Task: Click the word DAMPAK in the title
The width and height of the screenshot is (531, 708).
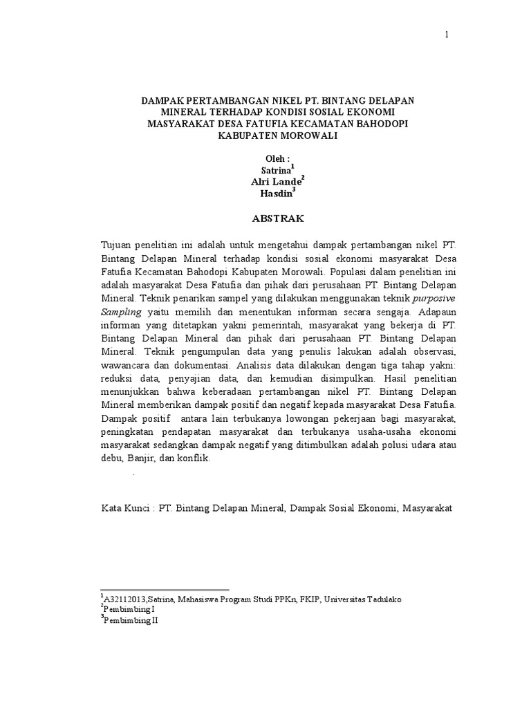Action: coord(164,100)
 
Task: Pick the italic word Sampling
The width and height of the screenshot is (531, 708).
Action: coord(122,311)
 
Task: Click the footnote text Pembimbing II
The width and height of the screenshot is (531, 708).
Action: coord(131,621)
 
